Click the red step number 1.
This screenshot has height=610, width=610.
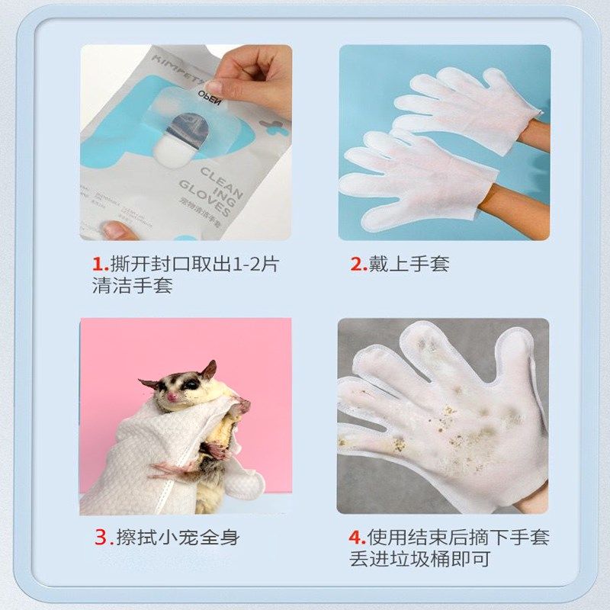point(98,265)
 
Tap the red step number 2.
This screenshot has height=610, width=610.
point(357,265)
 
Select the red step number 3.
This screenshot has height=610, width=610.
point(102,537)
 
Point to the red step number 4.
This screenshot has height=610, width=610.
point(356,537)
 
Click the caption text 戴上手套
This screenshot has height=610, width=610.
point(409,265)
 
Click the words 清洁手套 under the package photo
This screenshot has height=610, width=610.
point(132,287)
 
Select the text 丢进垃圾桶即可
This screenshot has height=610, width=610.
point(420,559)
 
